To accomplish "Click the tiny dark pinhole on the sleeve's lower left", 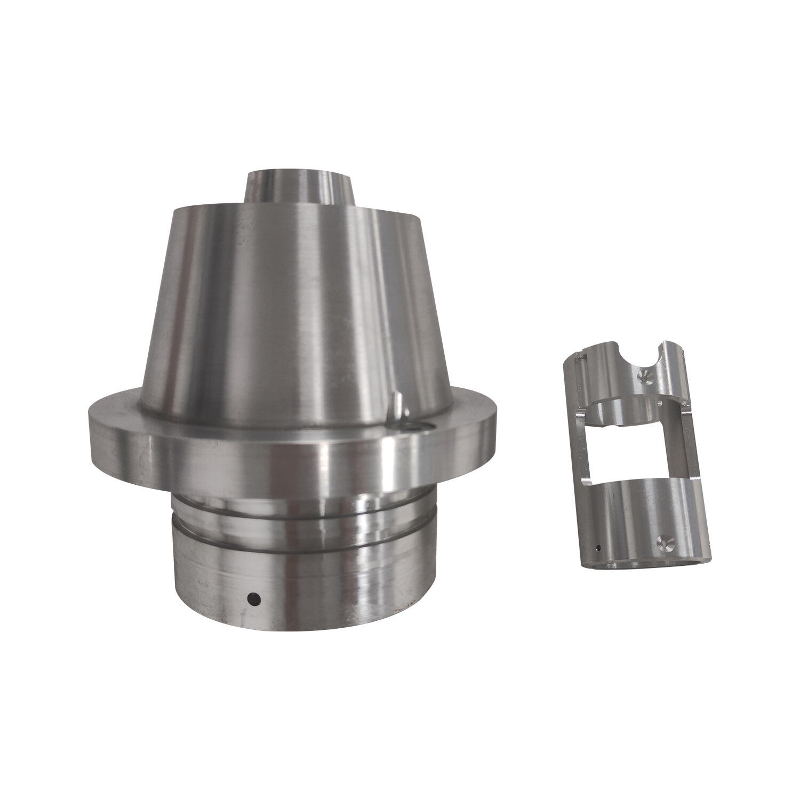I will pos(599,548).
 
